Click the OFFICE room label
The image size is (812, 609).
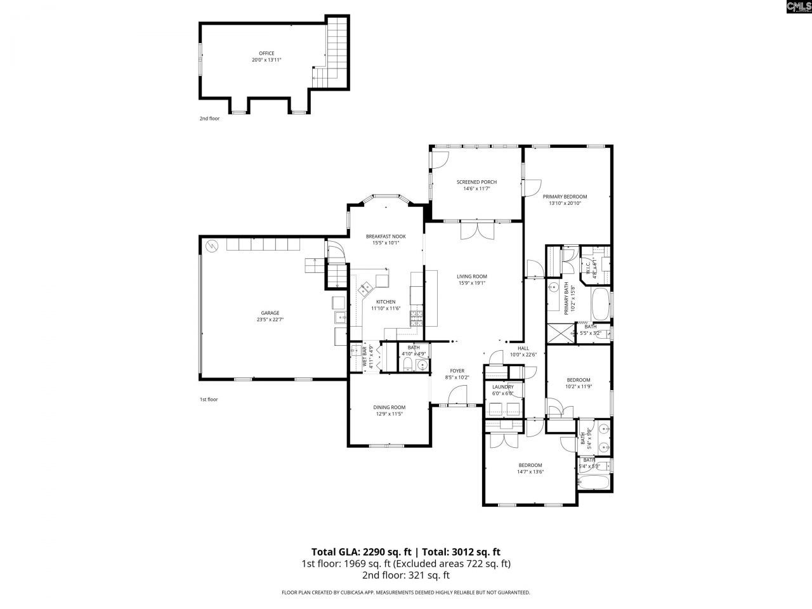click(266, 53)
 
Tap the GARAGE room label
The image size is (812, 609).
click(270, 313)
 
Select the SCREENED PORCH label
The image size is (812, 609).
click(476, 182)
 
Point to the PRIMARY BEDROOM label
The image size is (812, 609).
click(565, 197)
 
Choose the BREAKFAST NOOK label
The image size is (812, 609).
click(386, 236)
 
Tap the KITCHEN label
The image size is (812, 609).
click(386, 302)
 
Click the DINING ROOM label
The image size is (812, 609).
click(390, 407)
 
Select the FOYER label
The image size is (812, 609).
click(457, 371)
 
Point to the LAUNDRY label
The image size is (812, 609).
click(502, 386)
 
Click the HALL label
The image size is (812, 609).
click(523, 348)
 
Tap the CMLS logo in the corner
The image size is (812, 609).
click(798, 8)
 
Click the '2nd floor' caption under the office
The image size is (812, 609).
click(209, 119)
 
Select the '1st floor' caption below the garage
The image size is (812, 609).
click(209, 400)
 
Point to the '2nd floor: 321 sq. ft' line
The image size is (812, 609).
click(406, 575)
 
